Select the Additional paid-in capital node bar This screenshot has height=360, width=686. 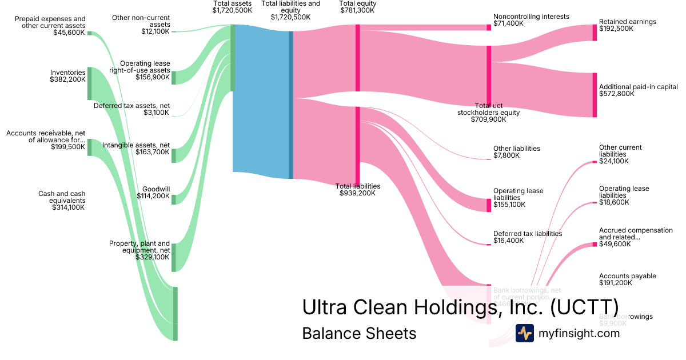coord(595,95)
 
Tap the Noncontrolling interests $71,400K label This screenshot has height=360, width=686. coord(531,20)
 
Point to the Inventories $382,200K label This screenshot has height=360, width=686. coord(67,76)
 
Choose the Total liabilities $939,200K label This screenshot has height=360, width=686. coord(358,190)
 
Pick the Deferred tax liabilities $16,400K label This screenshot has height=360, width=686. coord(528,237)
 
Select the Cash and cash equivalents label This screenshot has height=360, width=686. coord(62,201)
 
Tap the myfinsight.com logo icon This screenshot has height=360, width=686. coord(524,333)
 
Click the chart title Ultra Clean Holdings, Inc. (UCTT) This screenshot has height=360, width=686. coord(460,307)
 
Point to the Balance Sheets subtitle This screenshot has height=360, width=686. coord(359,333)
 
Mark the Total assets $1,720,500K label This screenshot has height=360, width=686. coord(232,7)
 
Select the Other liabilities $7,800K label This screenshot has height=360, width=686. coord(516,152)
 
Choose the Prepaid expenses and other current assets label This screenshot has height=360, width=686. coord(51,26)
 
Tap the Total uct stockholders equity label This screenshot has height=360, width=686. coord(488,113)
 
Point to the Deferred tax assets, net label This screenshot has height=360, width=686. coord(131,109)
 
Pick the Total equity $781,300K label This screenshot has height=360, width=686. coord(358,7)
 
